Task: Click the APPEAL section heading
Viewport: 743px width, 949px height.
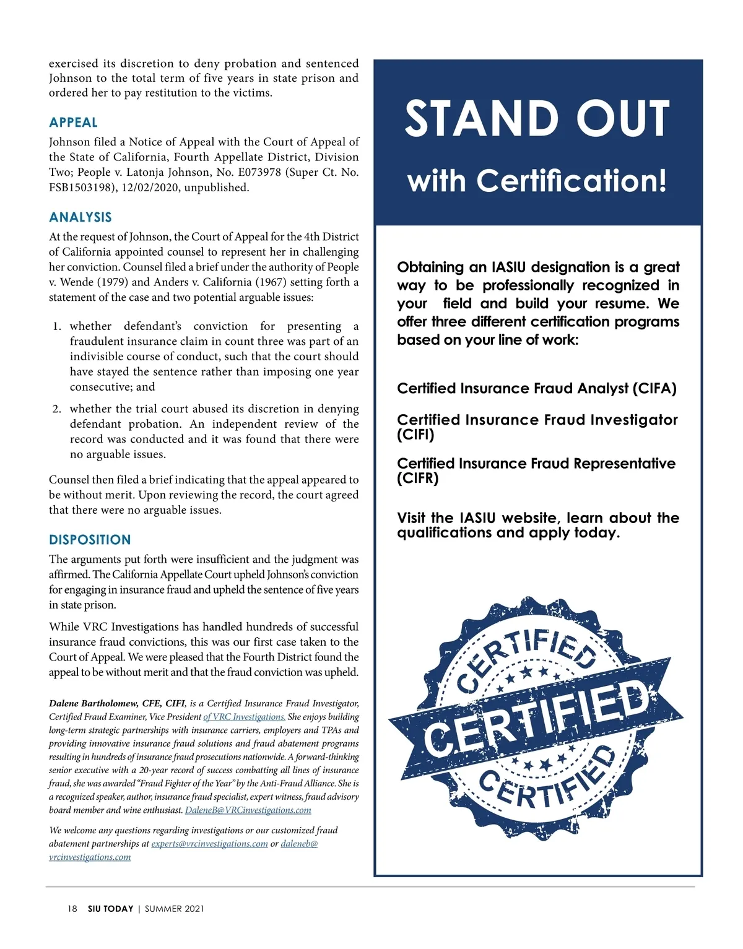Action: click(73, 123)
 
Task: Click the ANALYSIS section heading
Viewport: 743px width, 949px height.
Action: click(80, 217)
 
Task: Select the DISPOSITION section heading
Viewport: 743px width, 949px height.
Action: click(90, 540)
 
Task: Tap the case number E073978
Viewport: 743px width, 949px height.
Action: click(259, 173)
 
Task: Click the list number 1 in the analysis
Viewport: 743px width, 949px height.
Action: click(57, 326)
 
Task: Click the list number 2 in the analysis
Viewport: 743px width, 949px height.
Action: click(57, 409)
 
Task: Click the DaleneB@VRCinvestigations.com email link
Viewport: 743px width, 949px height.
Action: click(248, 810)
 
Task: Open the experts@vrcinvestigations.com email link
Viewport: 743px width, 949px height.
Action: click(209, 844)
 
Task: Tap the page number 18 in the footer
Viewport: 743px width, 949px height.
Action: click(72, 909)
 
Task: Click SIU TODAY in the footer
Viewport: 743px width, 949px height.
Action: click(110, 909)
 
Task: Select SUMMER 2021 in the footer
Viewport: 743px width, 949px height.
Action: click(174, 909)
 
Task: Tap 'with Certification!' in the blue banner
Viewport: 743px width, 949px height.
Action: click(537, 181)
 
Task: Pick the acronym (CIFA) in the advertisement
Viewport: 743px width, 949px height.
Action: click(654, 389)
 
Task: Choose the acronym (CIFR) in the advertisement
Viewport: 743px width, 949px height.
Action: click(417, 479)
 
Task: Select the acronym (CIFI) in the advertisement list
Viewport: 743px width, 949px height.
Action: click(415, 435)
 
